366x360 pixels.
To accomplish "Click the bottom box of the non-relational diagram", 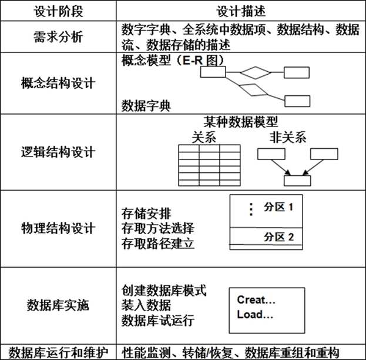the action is [297, 180].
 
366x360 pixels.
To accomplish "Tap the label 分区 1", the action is [278, 208].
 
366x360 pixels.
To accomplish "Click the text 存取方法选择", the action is [157, 228].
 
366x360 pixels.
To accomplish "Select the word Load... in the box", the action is [254, 314].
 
